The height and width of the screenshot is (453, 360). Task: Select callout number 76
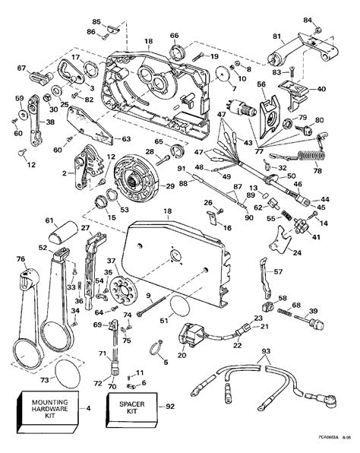(x=21, y=258)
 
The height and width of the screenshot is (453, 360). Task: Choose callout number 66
(x=174, y=36)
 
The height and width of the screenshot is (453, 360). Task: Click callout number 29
(x=170, y=186)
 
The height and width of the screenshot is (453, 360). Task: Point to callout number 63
(x=126, y=139)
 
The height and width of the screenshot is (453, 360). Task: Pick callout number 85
(x=96, y=21)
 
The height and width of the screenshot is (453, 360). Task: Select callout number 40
(x=322, y=89)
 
